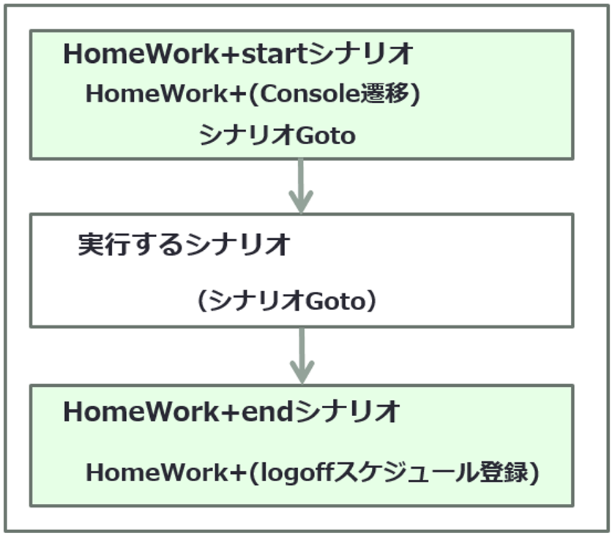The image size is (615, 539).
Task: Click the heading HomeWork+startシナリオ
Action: [x=238, y=53]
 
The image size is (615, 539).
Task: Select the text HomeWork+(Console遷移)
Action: [x=253, y=94]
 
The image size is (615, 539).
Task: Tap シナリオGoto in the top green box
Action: [x=277, y=135]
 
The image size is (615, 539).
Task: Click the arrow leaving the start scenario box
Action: [x=301, y=186]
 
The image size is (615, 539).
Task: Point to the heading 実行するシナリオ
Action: [x=184, y=244]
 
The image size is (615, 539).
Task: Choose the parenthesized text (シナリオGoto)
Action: [x=287, y=301]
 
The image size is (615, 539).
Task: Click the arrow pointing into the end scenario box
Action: [x=302, y=355]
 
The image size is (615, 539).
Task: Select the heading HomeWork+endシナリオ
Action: [x=231, y=412]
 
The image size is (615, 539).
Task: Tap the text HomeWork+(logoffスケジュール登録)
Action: [x=313, y=472]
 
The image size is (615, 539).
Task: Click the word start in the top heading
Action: [x=274, y=53]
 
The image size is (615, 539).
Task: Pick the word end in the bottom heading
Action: [x=267, y=412]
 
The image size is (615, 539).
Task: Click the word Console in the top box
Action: [x=310, y=94]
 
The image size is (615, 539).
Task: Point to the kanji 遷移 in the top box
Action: [x=385, y=94]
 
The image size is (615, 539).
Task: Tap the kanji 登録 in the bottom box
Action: [x=504, y=472]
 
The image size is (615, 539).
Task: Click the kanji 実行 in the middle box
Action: [x=103, y=244]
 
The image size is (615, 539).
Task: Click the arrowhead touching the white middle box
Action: [x=301, y=202]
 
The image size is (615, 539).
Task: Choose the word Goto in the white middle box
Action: [x=335, y=301]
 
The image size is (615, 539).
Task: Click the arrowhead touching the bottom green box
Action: [x=302, y=372]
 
